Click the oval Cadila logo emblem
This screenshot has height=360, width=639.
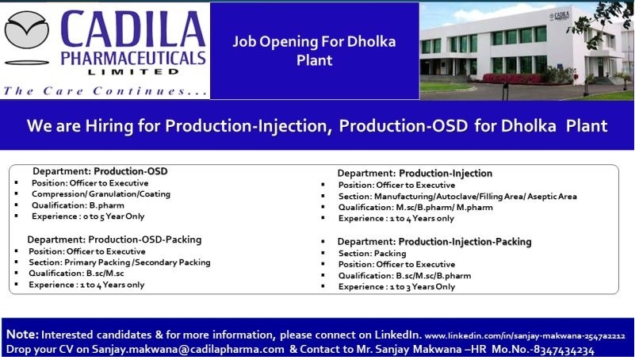(26, 30)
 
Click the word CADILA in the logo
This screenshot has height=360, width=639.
(133, 29)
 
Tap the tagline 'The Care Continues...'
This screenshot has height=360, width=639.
(105, 90)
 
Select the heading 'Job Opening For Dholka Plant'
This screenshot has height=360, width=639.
(314, 51)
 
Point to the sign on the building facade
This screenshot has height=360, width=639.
(559, 16)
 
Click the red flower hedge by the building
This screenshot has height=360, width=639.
(512, 79)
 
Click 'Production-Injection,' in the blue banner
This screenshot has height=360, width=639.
(249, 125)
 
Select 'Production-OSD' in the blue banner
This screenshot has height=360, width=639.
(404, 125)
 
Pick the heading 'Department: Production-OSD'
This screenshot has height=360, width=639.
(100, 171)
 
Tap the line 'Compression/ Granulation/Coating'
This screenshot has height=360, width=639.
(101, 194)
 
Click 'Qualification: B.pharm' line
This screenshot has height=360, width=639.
(78, 205)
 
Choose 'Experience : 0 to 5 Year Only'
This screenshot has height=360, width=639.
(88, 216)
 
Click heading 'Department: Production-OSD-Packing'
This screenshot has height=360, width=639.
(114, 239)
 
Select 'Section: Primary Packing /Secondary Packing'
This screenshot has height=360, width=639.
(120, 262)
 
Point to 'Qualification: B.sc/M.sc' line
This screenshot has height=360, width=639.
(76, 273)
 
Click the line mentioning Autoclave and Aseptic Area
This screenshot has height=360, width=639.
(457, 196)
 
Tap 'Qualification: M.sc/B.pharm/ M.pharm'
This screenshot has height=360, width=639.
(415, 207)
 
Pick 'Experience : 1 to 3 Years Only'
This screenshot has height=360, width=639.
(396, 286)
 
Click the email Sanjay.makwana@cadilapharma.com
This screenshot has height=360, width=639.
(188, 350)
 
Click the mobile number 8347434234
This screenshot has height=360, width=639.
(564, 350)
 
